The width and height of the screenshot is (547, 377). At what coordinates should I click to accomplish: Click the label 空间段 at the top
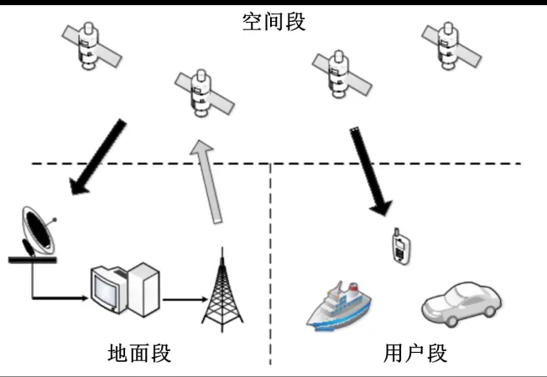pyautogui.click(x=273, y=21)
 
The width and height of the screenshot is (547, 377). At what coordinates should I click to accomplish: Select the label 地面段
pyautogui.click(x=139, y=353)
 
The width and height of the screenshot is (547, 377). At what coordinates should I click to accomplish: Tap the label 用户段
pyautogui.click(x=414, y=353)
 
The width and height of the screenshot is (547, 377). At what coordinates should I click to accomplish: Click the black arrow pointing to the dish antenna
pyautogui.click(x=99, y=158)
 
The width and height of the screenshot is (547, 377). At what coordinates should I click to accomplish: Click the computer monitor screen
pyautogui.click(x=107, y=290)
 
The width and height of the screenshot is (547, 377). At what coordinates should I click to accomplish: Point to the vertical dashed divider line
pyautogui.click(x=271, y=268)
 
